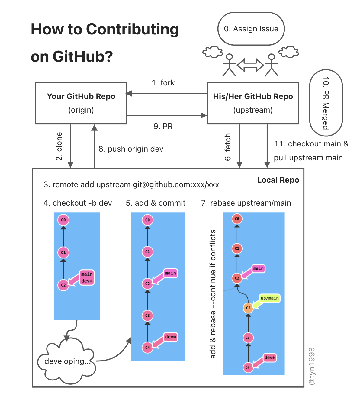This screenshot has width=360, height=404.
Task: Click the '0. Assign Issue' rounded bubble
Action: click(x=251, y=29)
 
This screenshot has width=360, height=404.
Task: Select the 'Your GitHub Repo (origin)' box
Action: click(x=81, y=103)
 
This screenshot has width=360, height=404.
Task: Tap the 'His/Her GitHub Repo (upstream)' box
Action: click(x=253, y=103)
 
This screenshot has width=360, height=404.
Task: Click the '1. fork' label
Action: click(x=163, y=83)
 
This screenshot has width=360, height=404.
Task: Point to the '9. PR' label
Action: click(x=163, y=126)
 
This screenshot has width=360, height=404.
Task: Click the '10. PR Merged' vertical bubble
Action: click(x=326, y=103)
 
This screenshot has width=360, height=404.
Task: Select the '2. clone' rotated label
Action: click(x=59, y=146)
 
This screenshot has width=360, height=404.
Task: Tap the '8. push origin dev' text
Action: click(x=131, y=149)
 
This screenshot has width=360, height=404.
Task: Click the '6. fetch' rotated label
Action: click(x=228, y=147)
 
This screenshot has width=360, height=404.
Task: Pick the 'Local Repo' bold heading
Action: click(x=278, y=180)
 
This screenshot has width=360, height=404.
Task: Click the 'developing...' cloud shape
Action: click(x=66, y=361)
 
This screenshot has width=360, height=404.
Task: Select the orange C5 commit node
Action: click(x=248, y=308)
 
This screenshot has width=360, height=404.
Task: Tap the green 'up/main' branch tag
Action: click(x=270, y=298)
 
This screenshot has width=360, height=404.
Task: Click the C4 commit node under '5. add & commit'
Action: click(x=147, y=348)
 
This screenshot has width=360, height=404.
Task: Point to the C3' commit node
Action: click(x=248, y=338)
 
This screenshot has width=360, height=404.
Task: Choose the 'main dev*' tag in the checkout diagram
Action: click(x=87, y=277)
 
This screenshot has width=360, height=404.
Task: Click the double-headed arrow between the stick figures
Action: click(x=250, y=65)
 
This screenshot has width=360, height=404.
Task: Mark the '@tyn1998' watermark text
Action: click(x=312, y=366)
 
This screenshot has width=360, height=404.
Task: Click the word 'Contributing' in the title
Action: click(x=133, y=29)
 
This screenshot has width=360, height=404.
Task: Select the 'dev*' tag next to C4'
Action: click(x=270, y=358)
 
